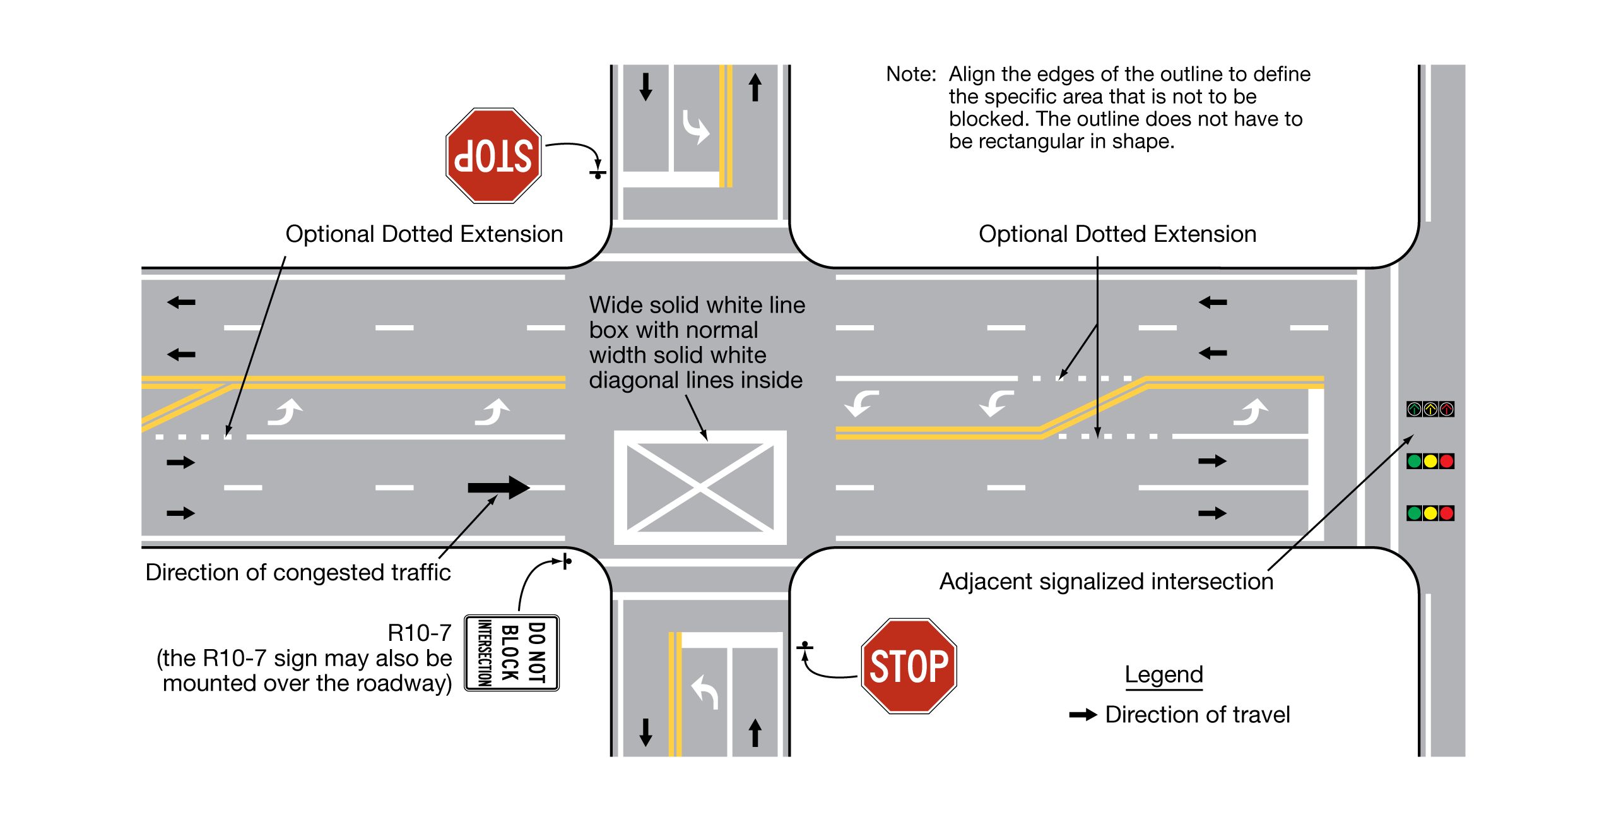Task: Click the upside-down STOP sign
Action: click(493, 155)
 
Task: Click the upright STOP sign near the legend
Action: click(909, 666)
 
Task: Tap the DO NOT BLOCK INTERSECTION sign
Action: click(512, 653)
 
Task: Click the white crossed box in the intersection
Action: click(700, 487)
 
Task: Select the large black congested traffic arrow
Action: click(498, 487)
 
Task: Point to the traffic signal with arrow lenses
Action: click(1430, 409)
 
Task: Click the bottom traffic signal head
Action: click(1430, 513)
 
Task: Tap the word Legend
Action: click(1164, 674)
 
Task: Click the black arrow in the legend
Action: click(1083, 715)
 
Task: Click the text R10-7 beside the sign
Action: click(420, 632)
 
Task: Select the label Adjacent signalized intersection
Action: click(1106, 582)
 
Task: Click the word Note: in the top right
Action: click(911, 75)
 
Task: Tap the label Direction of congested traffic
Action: click(298, 572)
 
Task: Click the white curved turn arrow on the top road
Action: click(696, 127)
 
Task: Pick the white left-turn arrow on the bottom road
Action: click(705, 691)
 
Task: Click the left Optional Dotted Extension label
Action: click(424, 234)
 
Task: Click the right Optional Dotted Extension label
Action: click(1117, 234)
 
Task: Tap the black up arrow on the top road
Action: click(755, 87)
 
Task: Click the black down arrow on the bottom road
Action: click(645, 732)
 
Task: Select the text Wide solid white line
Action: click(697, 305)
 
